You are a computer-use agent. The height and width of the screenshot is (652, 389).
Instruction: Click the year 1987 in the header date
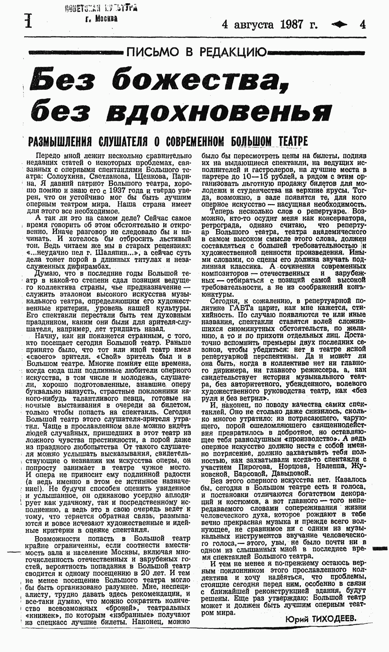coord(292,25)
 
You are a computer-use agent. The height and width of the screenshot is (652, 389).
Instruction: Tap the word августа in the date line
coord(254,25)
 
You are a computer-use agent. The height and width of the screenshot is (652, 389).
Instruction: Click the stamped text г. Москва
coord(101,19)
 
